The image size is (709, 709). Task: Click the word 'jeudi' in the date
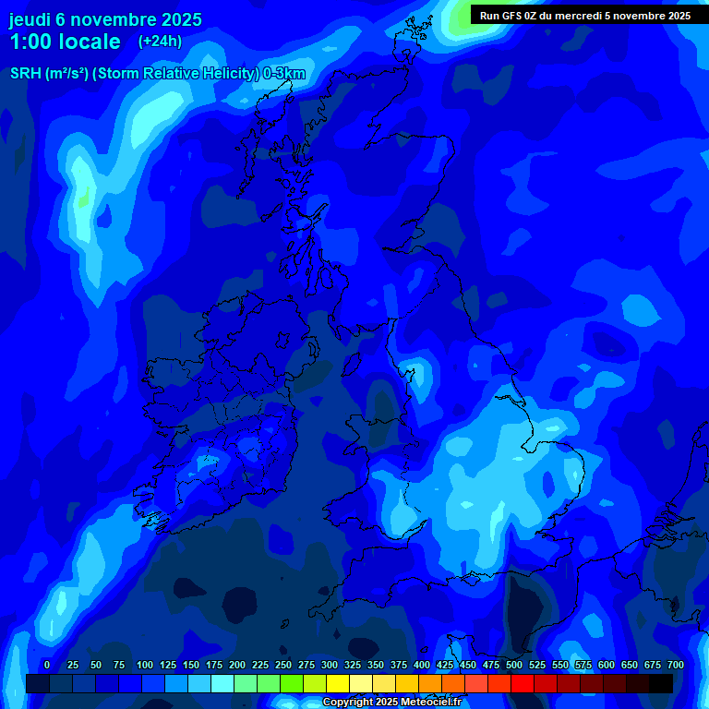click(30, 19)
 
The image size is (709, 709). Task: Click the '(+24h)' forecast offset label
click(160, 42)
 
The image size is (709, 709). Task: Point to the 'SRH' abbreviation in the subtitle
click(26, 74)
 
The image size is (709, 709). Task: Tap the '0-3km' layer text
click(284, 74)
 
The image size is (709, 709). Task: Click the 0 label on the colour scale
click(47, 665)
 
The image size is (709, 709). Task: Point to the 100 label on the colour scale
click(145, 665)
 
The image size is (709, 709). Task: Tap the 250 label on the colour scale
click(283, 665)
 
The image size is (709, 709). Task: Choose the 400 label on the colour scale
click(422, 665)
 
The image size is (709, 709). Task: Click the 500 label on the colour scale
click(514, 665)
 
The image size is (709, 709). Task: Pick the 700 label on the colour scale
click(676, 665)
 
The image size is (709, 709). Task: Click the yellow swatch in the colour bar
click(338, 683)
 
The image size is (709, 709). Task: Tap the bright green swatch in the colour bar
click(292, 683)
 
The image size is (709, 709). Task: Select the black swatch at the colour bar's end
click(661, 683)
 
